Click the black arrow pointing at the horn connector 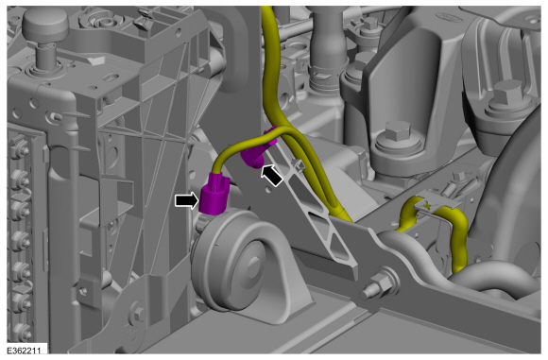(x=187, y=201)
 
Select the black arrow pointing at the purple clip (x=272, y=176)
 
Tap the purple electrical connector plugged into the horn (x=214, y=194)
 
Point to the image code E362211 (x=24, y=351)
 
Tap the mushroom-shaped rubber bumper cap (x=45, y=25)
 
